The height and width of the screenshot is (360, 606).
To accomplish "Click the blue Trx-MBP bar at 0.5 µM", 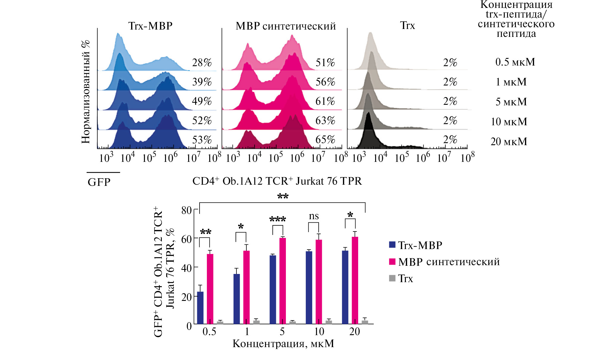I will point(200,308).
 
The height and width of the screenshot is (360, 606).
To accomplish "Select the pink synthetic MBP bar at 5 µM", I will point(282,281).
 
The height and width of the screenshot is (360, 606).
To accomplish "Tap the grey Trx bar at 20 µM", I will point(365,322).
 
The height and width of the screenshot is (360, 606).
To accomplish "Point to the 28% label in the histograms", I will point(202,62).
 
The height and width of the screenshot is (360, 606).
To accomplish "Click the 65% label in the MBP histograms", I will point(325,140).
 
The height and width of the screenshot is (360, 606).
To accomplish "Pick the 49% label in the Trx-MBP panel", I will point(202,101).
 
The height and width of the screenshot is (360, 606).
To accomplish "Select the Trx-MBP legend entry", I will point(420,245).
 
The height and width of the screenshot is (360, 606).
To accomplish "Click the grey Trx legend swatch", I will point(392,278).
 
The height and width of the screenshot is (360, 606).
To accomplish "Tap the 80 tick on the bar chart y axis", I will point(186,210).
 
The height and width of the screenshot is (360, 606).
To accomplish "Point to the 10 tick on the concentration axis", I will point(319,332).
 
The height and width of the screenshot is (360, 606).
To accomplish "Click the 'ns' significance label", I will point(314,216).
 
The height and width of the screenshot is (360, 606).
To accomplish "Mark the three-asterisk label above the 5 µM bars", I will point(277,219).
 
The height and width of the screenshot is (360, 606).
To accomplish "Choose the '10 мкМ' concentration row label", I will point(509,121).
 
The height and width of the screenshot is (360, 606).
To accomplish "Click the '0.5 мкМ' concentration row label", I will point(515,62).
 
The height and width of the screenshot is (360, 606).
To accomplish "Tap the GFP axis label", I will point(99,182).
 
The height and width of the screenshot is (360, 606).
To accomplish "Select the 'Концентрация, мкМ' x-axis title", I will point(283,344).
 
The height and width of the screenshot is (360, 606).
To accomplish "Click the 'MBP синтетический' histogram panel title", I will point(286,26).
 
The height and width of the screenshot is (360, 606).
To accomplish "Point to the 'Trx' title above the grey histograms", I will point(407,25).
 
